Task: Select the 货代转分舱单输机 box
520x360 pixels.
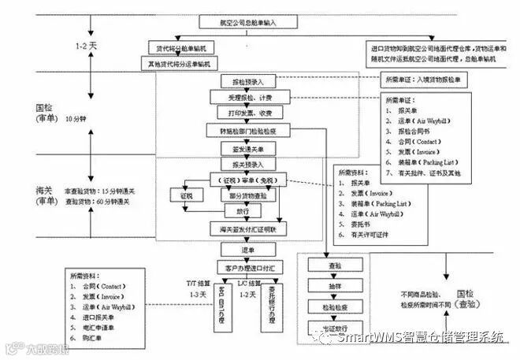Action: coord(180,49)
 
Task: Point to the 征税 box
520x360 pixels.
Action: coord(186,195)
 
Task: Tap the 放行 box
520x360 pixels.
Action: coord(243,211)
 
